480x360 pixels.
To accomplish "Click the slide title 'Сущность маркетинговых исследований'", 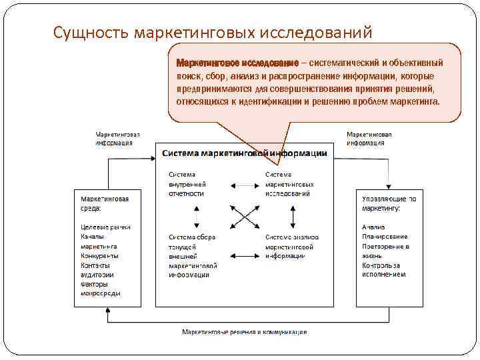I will (x=213, y=32).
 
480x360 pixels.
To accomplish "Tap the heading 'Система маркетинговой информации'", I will (x=245, y=153).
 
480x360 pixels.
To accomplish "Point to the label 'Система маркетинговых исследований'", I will (x=287, y=183).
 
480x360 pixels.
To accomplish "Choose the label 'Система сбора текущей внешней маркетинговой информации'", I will (x=193, y=255).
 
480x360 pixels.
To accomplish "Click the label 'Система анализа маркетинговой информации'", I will (x=291, y=246).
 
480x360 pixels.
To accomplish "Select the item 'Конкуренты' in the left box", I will (x=99, y=255).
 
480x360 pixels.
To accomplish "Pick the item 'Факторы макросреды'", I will (x=101, y=288).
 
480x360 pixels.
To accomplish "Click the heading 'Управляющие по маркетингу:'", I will (x=390, y=203).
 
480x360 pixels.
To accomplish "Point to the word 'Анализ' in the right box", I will (x=374, y=227).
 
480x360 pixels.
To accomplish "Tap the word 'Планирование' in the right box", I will (x=385, y=236).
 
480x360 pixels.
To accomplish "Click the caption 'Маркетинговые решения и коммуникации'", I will (x=245, y=332).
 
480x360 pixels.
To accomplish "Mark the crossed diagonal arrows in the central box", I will (x=243, y=216).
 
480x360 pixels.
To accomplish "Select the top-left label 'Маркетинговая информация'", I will (x=117, y=138).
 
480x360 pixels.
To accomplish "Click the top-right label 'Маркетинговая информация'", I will (x=369, y=138).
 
